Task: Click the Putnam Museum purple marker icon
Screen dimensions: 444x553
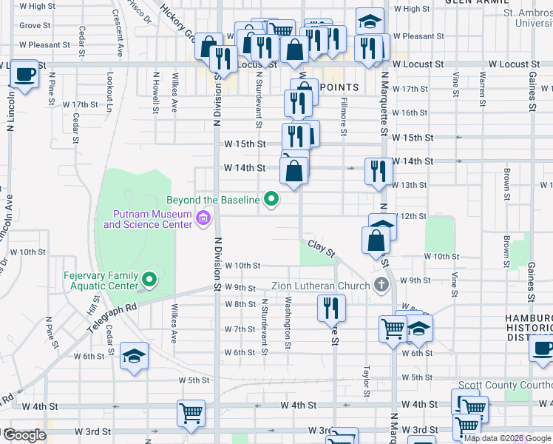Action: (x=203, y=218)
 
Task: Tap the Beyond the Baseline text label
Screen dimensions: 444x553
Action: (x=214, y=200)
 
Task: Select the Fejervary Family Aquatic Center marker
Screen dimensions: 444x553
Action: (x=149, y=279)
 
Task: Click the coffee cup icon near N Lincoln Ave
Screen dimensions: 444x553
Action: (x=25, y=75)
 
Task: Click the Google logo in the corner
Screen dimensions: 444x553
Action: (x=24, y=435)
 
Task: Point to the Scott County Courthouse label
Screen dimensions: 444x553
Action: (x=505, y=385)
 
